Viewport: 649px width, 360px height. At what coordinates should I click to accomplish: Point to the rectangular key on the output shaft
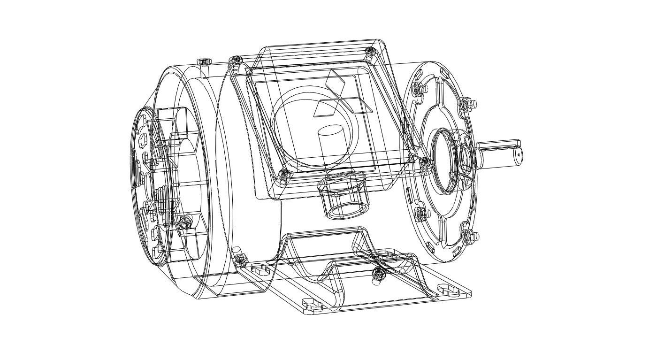pos(499,143)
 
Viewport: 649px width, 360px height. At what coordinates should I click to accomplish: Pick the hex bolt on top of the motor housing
pos(203,61)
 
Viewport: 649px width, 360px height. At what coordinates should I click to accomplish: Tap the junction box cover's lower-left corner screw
pos(283,175)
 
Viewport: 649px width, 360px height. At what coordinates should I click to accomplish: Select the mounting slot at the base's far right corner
pos(448,290)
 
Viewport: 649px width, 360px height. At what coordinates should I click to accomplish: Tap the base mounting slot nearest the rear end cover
pos(260,269)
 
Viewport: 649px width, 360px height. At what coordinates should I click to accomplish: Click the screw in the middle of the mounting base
pos(378,276)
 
